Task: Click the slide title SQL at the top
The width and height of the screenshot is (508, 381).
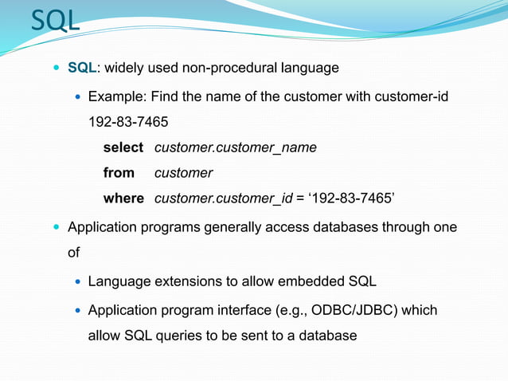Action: coord(55,21)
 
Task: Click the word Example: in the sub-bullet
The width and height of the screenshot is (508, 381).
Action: coord(116,97)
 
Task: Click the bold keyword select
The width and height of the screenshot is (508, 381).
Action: coord(123,147)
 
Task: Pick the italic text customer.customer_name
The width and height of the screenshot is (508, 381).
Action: coord(235,147)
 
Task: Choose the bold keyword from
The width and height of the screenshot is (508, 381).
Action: coord(119,173)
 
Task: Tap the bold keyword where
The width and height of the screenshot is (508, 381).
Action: coord(123,198)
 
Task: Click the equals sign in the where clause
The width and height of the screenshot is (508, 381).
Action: coord(300,198)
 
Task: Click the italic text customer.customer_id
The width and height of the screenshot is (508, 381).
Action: coord(223,198)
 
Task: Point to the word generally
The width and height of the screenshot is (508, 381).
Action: coord(233,228)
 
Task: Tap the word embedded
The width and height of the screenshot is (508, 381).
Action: coord(307,281)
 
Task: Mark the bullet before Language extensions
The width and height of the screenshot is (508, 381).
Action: coord(76,282)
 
